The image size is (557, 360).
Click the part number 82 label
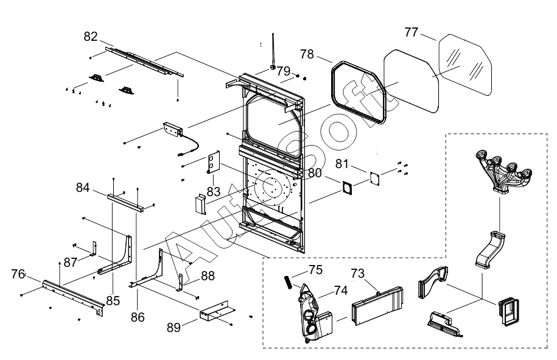(91, 37)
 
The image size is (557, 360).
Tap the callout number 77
(412, 32)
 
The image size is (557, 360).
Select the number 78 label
(307, 54)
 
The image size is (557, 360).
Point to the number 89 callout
(173, 327)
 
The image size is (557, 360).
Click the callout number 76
(18, 274)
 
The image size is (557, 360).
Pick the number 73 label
(358, 274)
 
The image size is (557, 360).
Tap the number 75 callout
(315, 270)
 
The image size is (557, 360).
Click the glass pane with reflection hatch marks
(465, 65)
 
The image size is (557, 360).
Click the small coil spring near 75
(288, 283)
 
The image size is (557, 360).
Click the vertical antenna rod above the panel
(273, 50)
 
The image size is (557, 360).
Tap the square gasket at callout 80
(347, 187)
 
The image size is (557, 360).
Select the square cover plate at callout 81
(374, 178)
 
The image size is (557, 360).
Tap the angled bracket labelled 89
(217, 311)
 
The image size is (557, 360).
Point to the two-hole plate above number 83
(214, 162)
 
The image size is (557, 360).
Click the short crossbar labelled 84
(126, 203)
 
